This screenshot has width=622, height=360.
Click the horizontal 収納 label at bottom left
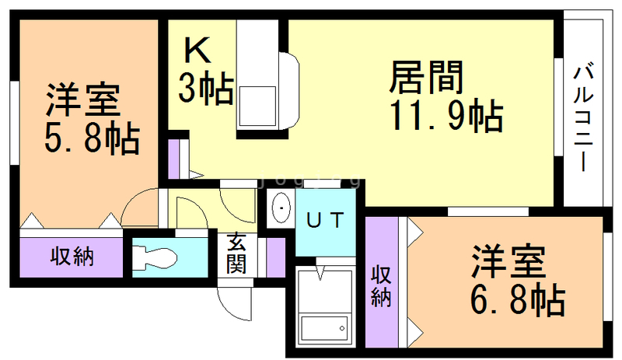point(73,257)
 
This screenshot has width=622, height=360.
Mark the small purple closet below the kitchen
point(173,159)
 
